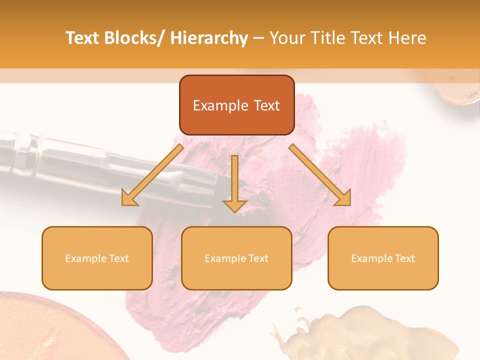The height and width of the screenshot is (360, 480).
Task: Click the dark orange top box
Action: (x=236, y=105)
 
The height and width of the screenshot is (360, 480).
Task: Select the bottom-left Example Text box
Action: (x=97, y=258)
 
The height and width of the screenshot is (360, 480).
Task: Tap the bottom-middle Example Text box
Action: (x=236, y=258)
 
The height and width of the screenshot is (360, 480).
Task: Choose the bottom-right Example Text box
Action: (x=383, y=258)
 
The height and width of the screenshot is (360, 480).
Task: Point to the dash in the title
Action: (x=258, y=38)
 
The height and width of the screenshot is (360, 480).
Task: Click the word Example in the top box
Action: (x=220, y=105)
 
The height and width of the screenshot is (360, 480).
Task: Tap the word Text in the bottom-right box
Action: (x=405, y=258)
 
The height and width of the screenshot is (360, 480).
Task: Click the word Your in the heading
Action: (x=286, y=38)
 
